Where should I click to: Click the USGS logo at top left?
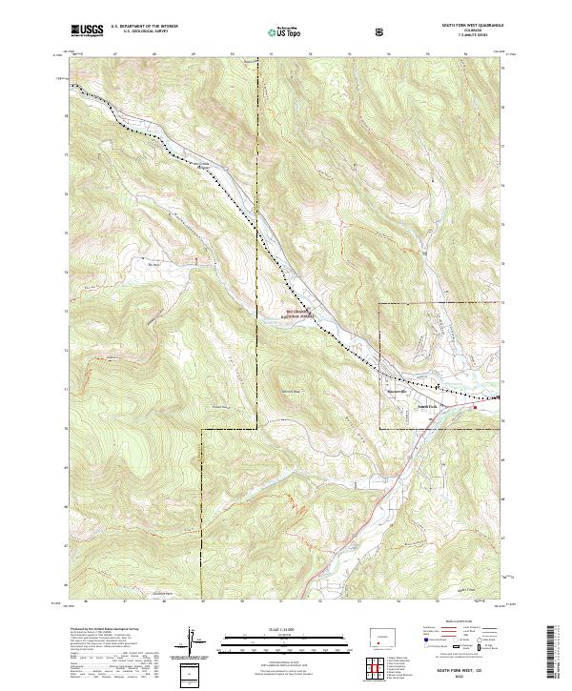(88, 31)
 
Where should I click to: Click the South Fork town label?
(426, 403)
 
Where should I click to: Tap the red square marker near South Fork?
(475, 405)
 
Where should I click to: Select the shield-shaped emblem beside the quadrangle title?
(381, 32)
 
